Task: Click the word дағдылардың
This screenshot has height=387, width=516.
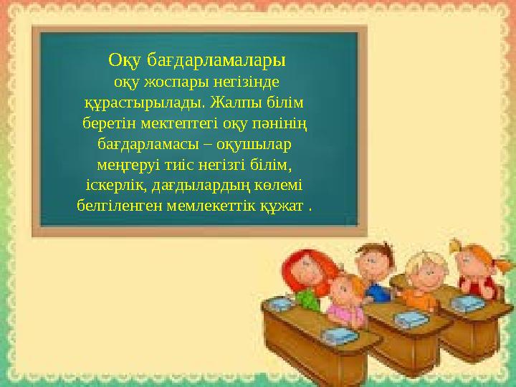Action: pyautogui.click(x=206, y=186)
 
